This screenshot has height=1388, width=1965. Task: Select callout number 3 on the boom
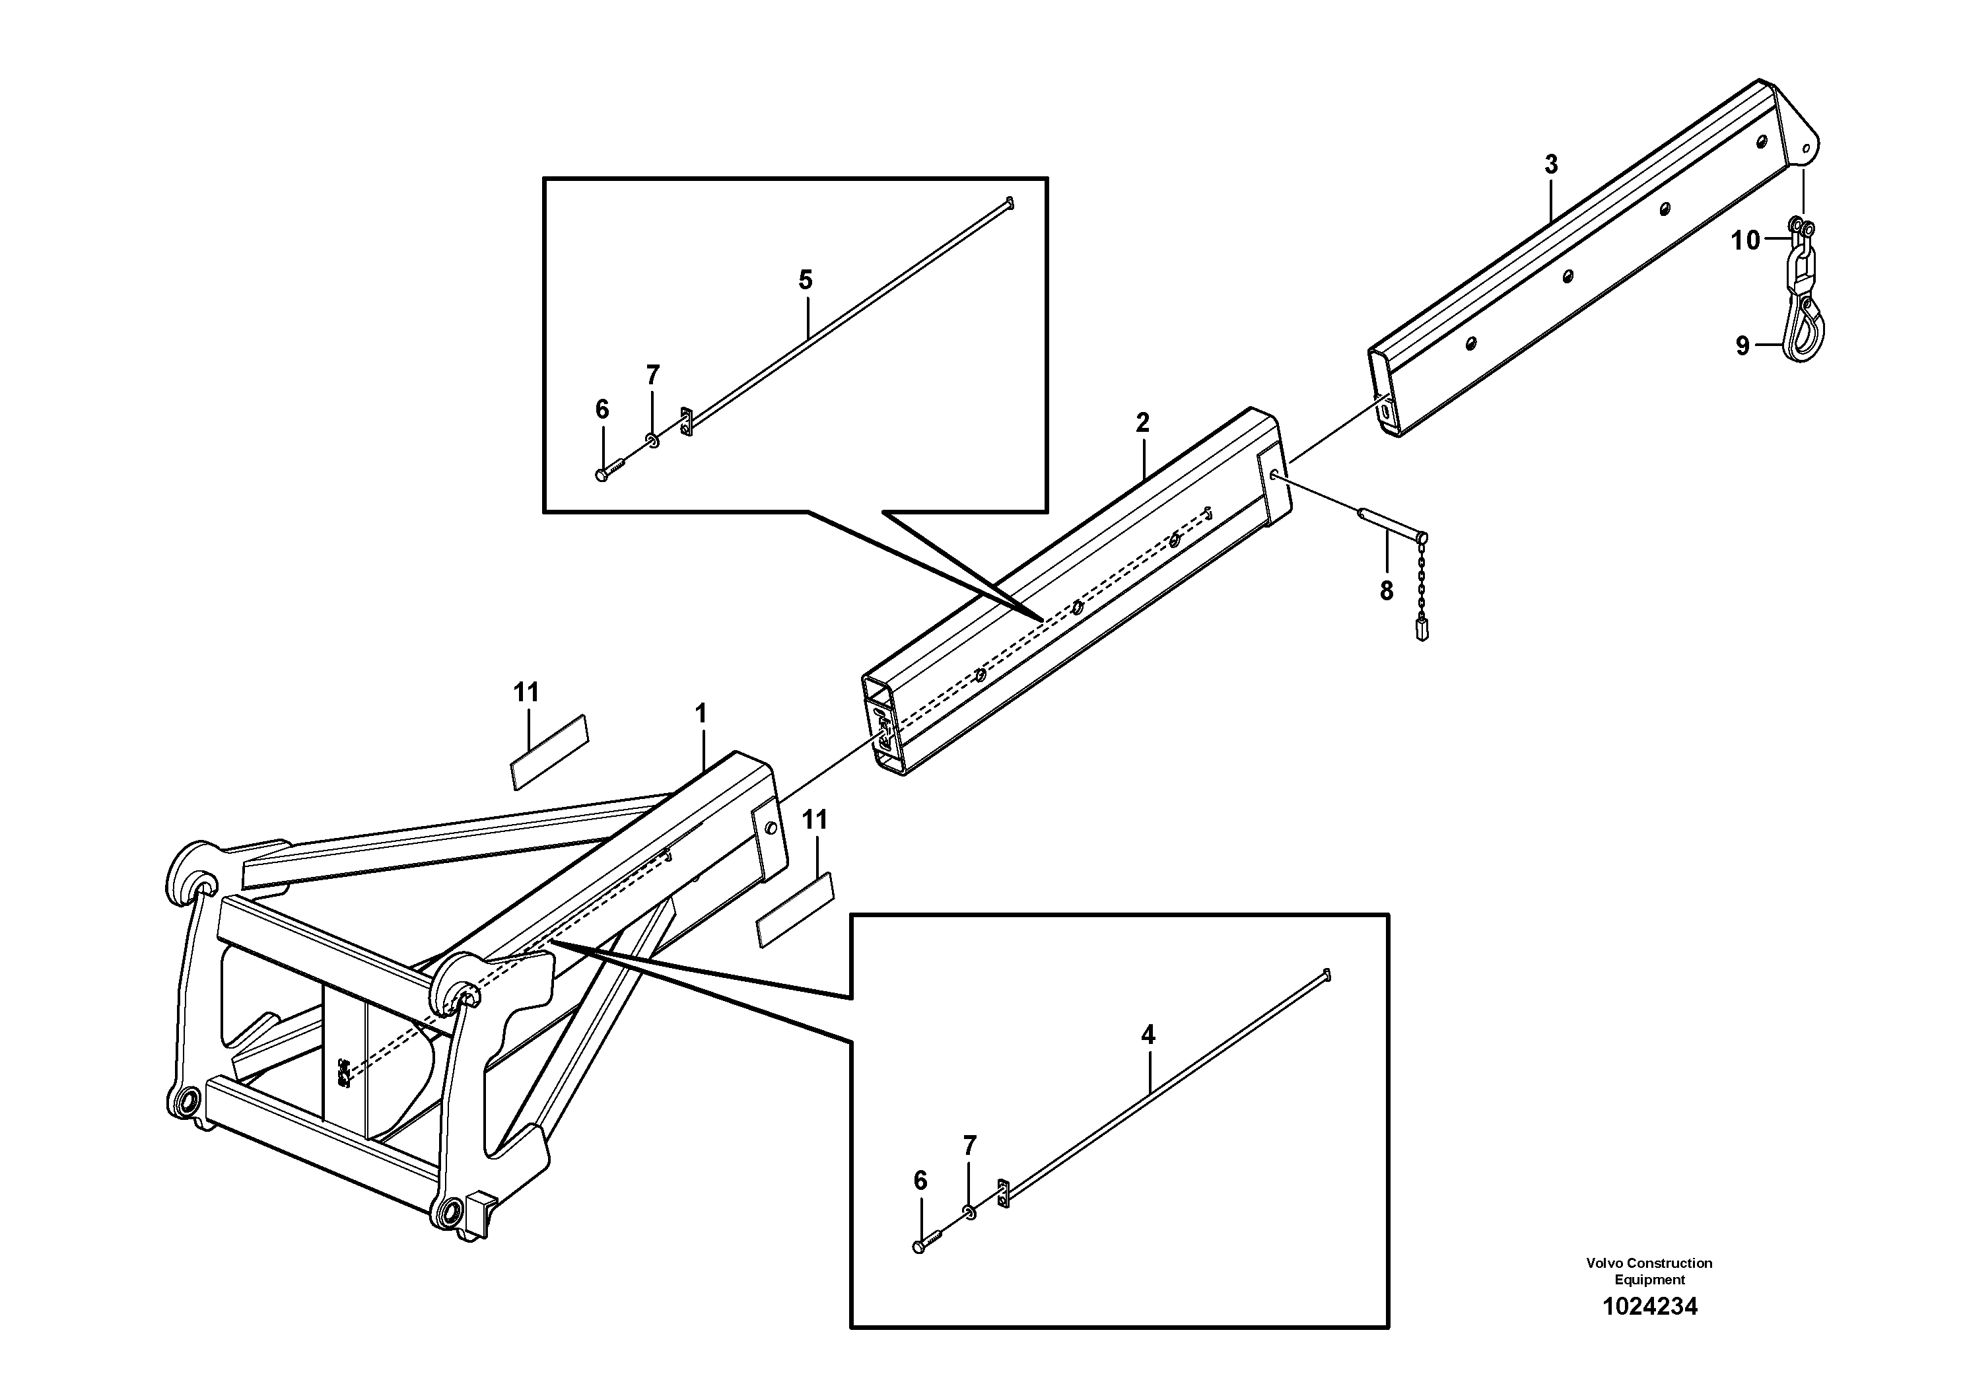coord(1551,164)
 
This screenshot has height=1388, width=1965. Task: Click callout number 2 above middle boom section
coord(1142,422)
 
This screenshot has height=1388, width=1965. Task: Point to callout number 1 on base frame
coord(701,713)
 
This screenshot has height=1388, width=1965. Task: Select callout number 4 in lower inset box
coord(1148,1035)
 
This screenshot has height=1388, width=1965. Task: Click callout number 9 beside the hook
coord(1742,346)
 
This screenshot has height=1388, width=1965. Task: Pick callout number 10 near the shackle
coord(1745,241)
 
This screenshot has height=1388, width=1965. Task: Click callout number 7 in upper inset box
coord(652,375)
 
